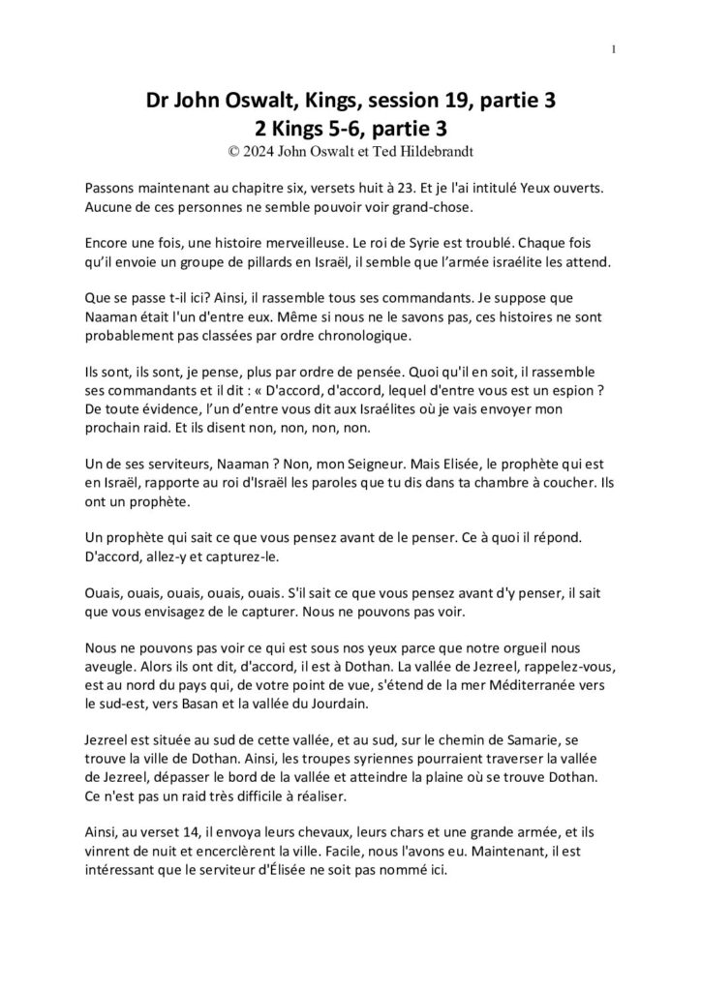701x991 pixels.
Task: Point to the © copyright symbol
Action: tap(232, 151)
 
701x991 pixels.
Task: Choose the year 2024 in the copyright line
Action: tap(259, 151)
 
